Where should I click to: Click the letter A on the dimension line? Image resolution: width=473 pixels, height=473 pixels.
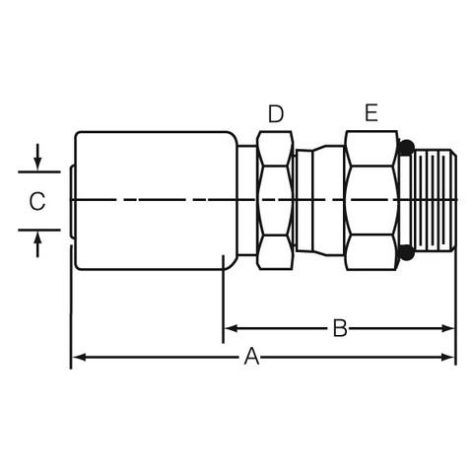point(251,357)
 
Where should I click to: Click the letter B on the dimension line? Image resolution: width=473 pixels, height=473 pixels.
point(340,328)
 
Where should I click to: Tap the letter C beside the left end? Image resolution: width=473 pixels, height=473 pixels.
point(37,201)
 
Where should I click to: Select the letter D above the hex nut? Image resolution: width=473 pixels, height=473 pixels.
point(276,113)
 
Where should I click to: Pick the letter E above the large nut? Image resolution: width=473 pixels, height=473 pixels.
point(372,112)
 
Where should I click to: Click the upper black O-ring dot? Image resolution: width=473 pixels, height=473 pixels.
point(407,147)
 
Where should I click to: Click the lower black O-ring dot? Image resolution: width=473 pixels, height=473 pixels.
point(407,252)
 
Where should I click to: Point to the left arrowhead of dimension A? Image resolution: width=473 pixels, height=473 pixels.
point(79,357)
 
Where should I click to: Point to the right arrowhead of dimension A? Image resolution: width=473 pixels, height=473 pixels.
point(448,357)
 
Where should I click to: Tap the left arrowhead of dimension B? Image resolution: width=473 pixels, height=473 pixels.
point(231,328)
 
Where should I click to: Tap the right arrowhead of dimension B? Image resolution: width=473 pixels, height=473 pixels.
point(448,328)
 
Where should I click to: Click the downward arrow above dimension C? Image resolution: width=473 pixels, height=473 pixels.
point(37,157)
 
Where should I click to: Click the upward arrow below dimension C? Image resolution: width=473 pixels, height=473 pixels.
point(37,244)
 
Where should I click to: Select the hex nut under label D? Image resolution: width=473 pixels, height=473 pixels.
point(275,200)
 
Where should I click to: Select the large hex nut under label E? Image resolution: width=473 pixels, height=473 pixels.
point(372,200)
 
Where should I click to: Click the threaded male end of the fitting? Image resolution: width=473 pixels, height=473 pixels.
point(436,200)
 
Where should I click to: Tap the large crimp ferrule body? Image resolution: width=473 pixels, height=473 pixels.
point(156,200)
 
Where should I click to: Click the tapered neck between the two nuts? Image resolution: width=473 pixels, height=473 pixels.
point(319,200)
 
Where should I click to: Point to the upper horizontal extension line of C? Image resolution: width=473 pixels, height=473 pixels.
point(39,171)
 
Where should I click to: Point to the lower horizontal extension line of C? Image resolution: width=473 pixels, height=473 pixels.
point(39,230)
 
